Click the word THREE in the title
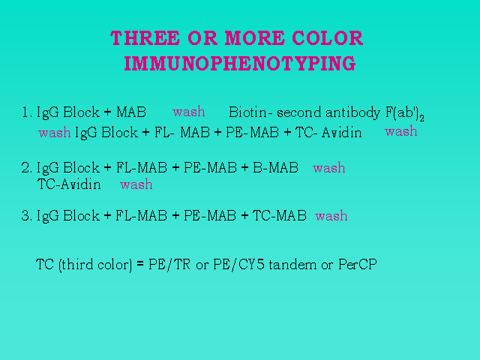pos(145,38)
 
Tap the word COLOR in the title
pos(327,38)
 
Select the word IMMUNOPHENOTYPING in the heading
pos(240,63)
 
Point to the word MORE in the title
pos(255,38)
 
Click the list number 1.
pos(27,112)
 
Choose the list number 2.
pos(27,168)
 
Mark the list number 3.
pos(27,215)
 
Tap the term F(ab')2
pos(405,113)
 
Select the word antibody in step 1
pos(352,113)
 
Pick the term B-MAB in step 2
pos(275,168)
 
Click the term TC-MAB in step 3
pos(280,215)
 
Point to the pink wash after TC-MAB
pos(331,216)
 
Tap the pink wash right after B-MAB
pos(329,168)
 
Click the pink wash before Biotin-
pos(188,112)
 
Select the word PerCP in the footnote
pos(358,264)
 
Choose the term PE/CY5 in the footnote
pos(238,265)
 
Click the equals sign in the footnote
pos(140,264)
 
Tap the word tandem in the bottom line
pos(292,264)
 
